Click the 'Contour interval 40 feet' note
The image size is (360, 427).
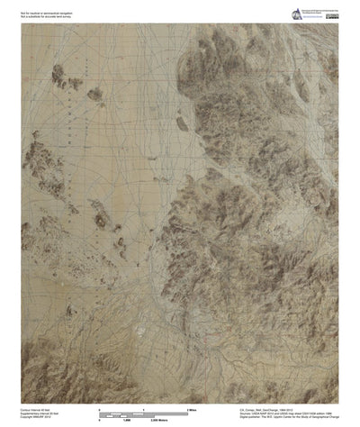(x=40, y=407)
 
